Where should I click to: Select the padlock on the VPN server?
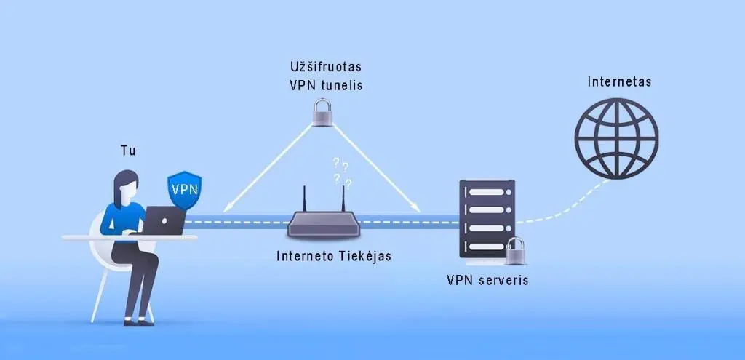(517, 252)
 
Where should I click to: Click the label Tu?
(128, 151)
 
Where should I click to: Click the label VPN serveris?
(487, 279)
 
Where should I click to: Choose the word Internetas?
(619, 81)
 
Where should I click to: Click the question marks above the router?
(340, 173)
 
